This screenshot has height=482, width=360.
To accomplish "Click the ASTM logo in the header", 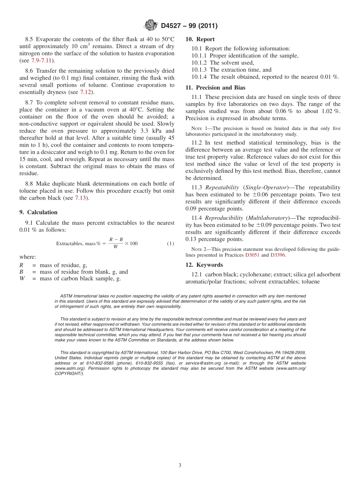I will pos(150,26).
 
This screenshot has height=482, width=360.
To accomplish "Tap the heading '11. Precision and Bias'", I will pos(215,88).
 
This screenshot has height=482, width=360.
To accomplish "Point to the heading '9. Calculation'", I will pos(38,212).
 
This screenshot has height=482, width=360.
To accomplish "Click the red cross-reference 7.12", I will pos(85,92).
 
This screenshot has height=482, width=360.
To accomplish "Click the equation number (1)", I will pos(170,243).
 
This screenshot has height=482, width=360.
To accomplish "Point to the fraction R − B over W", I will pos(116,243).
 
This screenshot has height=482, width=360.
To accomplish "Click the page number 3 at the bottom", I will pos(180,465).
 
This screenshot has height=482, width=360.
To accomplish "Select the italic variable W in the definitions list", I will pos(22,279).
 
